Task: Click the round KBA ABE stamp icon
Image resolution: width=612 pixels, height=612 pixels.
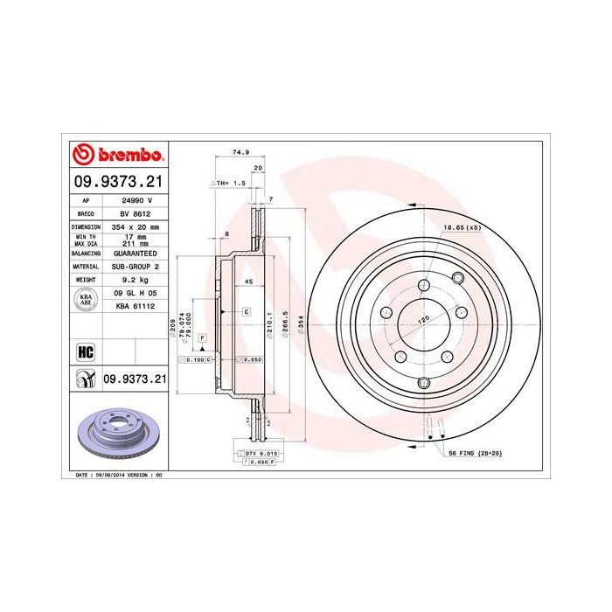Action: click(86, 299)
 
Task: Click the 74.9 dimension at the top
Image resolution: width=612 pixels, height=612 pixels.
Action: click(236, 152)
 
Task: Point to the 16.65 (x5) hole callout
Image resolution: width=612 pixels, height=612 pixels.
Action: click(462, 227)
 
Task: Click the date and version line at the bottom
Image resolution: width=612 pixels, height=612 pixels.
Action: click(115, 474)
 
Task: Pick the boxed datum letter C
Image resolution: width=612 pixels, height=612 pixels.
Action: click(247, 311)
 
